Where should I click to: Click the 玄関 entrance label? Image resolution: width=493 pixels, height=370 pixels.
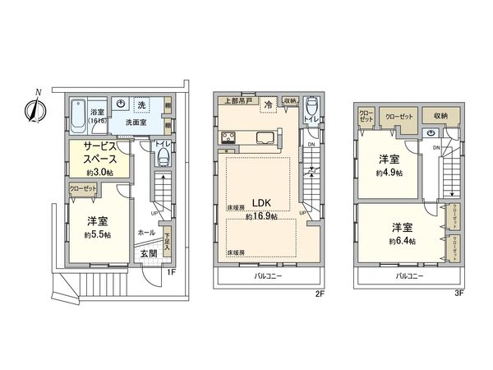point(149,255)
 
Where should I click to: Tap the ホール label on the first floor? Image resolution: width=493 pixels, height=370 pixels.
point(145,233)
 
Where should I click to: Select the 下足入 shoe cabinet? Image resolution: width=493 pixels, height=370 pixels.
point(167,238)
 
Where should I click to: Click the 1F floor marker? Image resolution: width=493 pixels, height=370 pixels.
point(172,272)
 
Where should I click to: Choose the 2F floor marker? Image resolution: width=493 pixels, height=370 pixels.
point(319,291)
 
